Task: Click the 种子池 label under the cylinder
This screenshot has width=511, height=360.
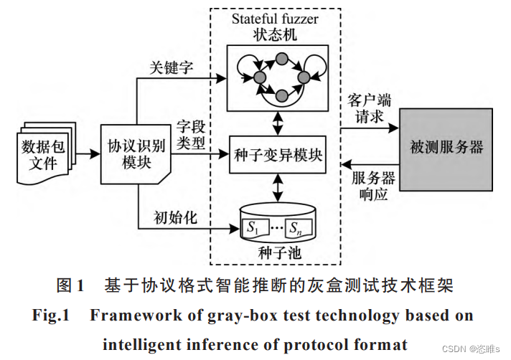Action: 276,255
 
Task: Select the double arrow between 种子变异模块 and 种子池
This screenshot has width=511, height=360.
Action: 276,189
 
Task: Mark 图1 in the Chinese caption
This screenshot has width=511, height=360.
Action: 70,285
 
